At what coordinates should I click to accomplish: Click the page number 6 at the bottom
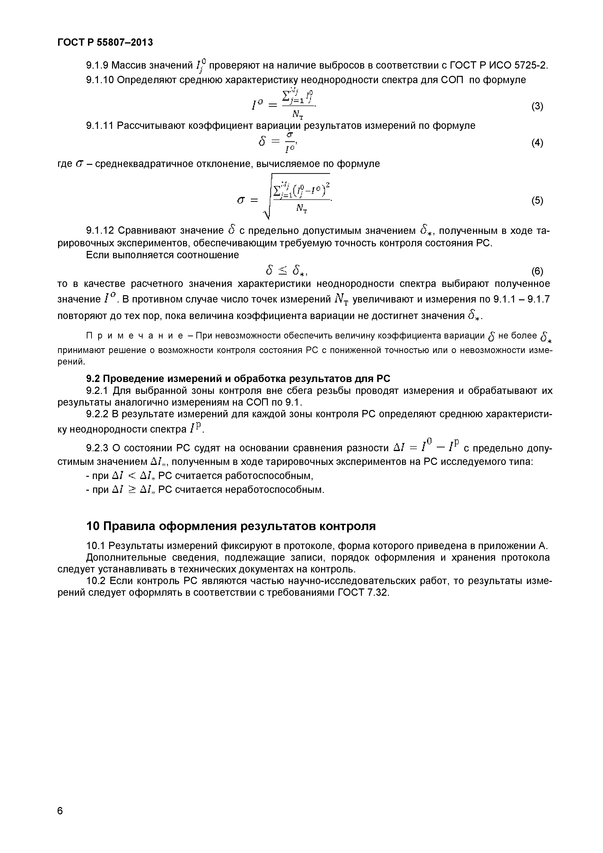(60, 810)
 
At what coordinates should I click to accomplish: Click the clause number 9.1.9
(96, 66)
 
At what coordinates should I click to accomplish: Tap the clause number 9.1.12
(99, 231)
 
